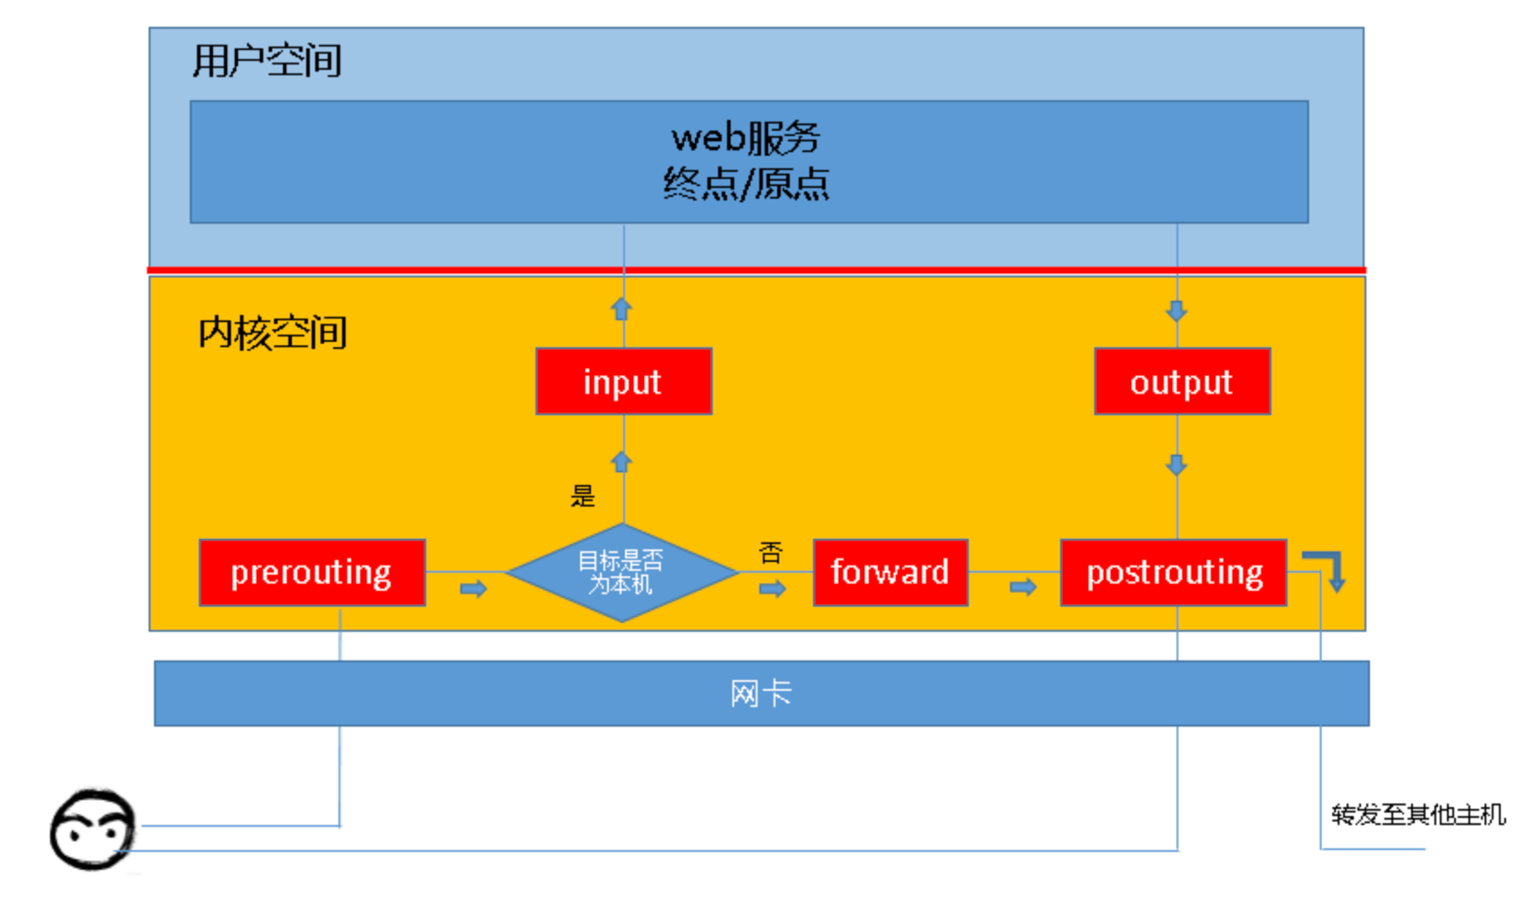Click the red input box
[623, 381]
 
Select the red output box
[1181, 381]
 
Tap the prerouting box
[312, 573]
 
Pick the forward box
[890, 573]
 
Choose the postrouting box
[1173, 573]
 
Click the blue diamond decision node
[621, 573]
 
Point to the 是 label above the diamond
[583, 496]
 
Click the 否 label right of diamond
[770, 552]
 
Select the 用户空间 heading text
[267, 61]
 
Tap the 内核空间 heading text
[272, 332]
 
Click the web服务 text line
[746, 138]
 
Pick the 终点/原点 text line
[746, 184]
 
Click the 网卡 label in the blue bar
[760, 694]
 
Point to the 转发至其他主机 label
[1417, 814]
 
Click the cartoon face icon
[92, 830]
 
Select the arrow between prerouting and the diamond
[473, 589]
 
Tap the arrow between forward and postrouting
[1023, 587]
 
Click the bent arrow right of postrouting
[1328, 569]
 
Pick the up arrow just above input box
[621, 309]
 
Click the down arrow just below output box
[1177, 464]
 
